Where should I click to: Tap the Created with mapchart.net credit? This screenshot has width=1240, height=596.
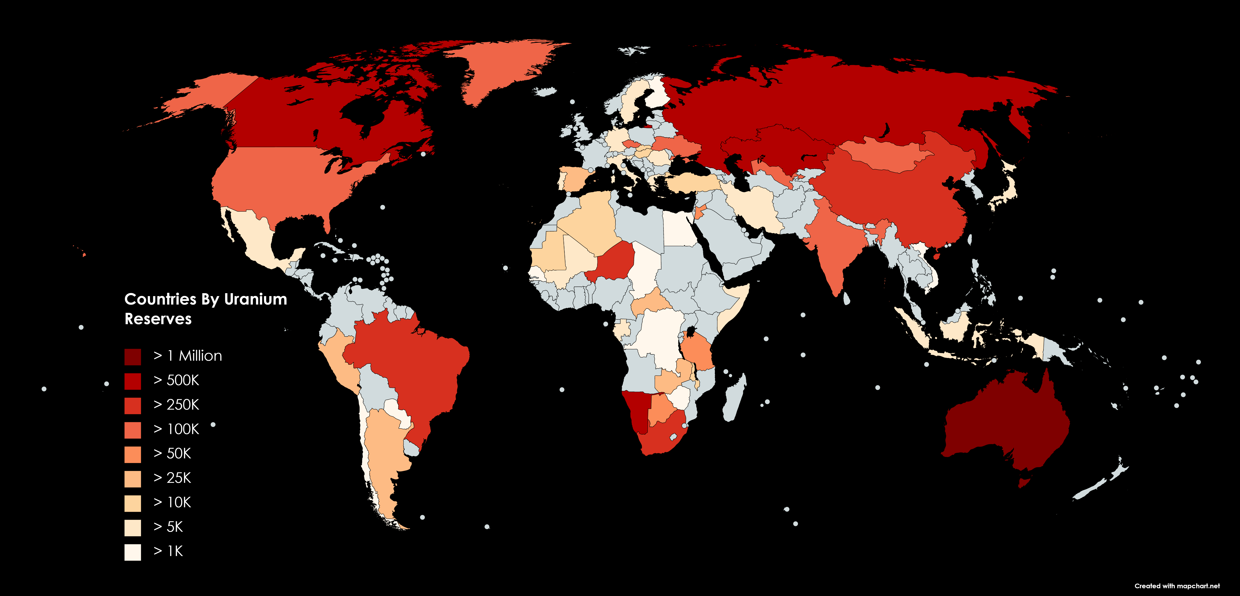click(x=1177, y=586)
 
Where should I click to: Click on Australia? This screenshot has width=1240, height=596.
click(x=1006, y=423)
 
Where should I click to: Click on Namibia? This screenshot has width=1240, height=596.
click(x=635, y=409)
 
